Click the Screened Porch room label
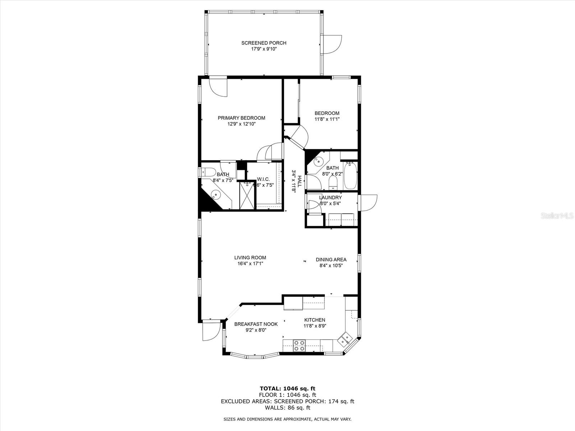263,43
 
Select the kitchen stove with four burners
299,346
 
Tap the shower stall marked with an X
247,196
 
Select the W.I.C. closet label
263,179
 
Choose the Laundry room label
330,198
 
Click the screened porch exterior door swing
332,45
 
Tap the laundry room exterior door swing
368,203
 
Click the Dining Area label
331,260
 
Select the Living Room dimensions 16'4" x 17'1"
250,264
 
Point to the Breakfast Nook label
256,324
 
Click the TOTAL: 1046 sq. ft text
287,388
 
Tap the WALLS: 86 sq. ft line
287,408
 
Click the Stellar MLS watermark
557,216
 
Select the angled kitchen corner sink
345,338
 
